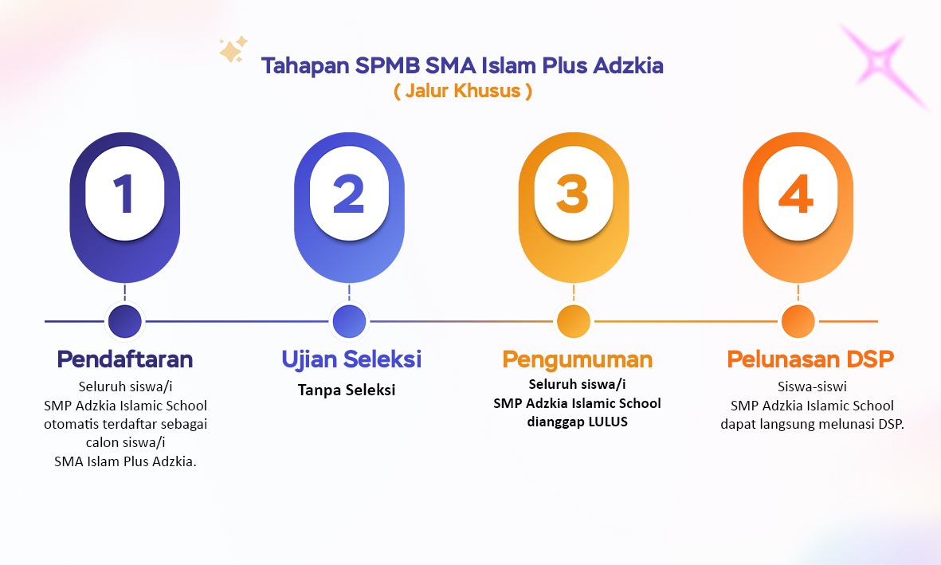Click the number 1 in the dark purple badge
pos(124,194)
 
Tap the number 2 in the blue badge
pos(349,194)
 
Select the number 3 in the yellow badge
pos(573,194)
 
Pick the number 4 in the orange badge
pos(796,194)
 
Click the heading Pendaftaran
pos(125,359)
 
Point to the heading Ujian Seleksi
pos(351,359)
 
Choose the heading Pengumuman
pos(578,359)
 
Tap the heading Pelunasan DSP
pos(810,359)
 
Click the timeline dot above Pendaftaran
pos(125,321)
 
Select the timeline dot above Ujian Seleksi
pos(349,321)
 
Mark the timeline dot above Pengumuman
pos(574,321)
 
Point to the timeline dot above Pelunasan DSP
pos(798,321)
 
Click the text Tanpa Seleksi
pos(347,390)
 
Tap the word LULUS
pos(608,422)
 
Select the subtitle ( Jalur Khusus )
pos(463,91)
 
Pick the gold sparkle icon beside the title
pos(233,49)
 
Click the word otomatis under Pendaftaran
pos(72,424)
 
